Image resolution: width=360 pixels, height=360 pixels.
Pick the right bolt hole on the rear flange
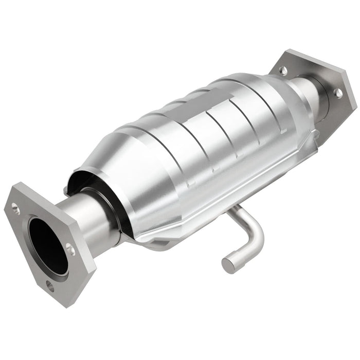pos(337,93)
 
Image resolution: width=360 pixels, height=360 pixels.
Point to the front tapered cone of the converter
pos(139,159)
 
